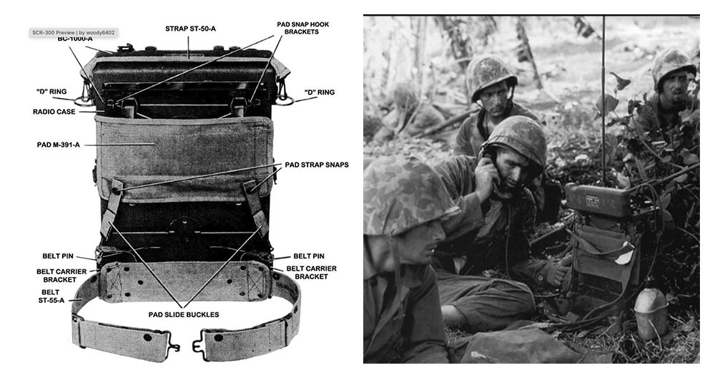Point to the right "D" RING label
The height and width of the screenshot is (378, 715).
click(319, 92)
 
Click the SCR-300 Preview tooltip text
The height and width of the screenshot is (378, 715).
click(71, 33)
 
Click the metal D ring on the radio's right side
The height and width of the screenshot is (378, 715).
click(282, 96)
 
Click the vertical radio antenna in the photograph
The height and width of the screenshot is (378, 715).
click(603, 93)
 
